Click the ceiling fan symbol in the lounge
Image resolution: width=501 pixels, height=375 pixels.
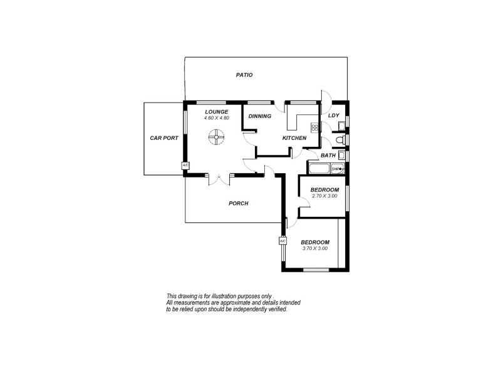(216, 136)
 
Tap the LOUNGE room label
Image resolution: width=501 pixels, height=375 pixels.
(216, 112)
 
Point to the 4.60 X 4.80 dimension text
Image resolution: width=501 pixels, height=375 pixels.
(217, 118)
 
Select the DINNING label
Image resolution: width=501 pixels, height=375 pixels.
(260, 116)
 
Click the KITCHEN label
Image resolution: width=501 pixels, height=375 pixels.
(294, 138)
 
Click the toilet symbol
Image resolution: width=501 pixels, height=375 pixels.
(338, 139)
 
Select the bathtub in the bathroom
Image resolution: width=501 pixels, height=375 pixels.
(318, 169)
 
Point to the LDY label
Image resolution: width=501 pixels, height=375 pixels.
(334, 116)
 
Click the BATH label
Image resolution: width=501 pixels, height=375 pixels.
(328, 156)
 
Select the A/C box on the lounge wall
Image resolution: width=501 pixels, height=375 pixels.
(185, 166)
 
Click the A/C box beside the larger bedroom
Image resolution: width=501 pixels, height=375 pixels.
(282, 241)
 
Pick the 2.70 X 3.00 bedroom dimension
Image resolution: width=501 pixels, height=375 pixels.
(324, 196)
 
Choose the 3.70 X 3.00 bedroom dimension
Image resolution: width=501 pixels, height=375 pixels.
(314, 249)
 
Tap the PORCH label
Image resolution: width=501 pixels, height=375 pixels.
(239, 203)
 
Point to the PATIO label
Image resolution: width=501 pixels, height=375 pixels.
(244, 75)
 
